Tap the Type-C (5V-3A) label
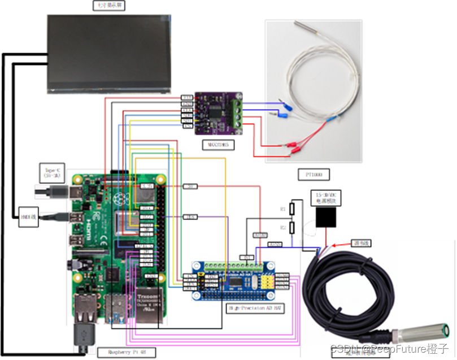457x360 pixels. (x=52, y=171)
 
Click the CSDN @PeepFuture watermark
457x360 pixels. (x=390, y=349)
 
